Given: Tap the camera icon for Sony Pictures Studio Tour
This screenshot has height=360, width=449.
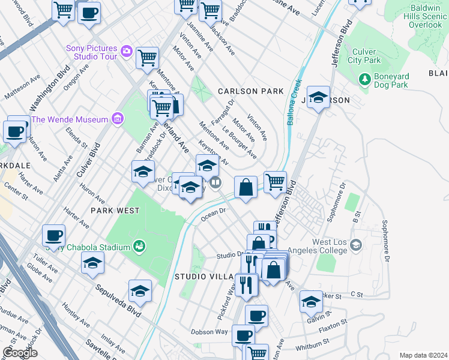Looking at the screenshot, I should click(x=126, y=51).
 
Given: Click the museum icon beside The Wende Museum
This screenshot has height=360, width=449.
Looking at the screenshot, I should click(x=116, y=119).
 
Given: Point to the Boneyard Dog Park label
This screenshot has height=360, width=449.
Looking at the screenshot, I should click(x=399, y=80).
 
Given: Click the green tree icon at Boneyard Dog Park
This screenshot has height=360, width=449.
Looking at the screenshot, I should click(x=364, y=79).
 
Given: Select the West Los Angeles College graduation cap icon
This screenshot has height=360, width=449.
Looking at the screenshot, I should click(x=357, y=245).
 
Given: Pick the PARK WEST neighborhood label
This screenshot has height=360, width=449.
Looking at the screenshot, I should click(x=115, y=211).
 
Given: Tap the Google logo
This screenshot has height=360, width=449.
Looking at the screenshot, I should click(x=20, y=353).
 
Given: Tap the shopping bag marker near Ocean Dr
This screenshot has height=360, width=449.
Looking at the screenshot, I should click(x=246, y=187).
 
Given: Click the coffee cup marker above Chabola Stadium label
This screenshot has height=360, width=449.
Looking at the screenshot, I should click(x=54, y=235).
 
